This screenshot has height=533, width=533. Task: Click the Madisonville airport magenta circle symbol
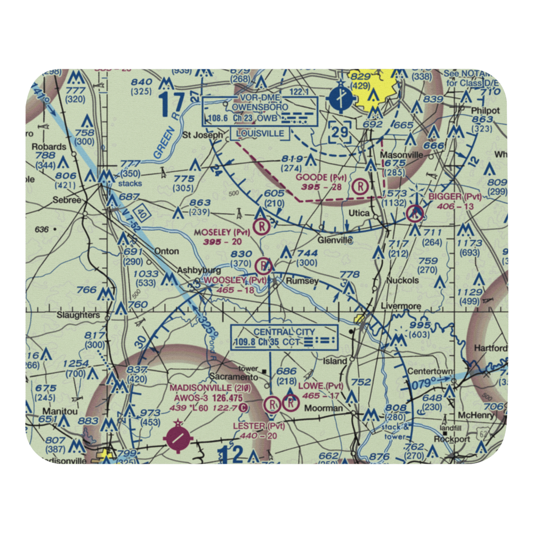click(177, 438)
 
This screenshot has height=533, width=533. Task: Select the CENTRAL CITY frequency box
click(284, 337)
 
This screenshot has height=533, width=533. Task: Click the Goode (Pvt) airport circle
click(361, 187)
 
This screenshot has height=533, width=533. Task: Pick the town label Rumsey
click(302, 281)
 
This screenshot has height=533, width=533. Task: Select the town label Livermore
click(400, 306)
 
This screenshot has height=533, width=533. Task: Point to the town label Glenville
click(335, 240)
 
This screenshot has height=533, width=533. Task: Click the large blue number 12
click(229, 455)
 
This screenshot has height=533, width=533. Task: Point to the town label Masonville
click(401, 155)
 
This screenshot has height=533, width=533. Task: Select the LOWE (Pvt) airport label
click(320, 386)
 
